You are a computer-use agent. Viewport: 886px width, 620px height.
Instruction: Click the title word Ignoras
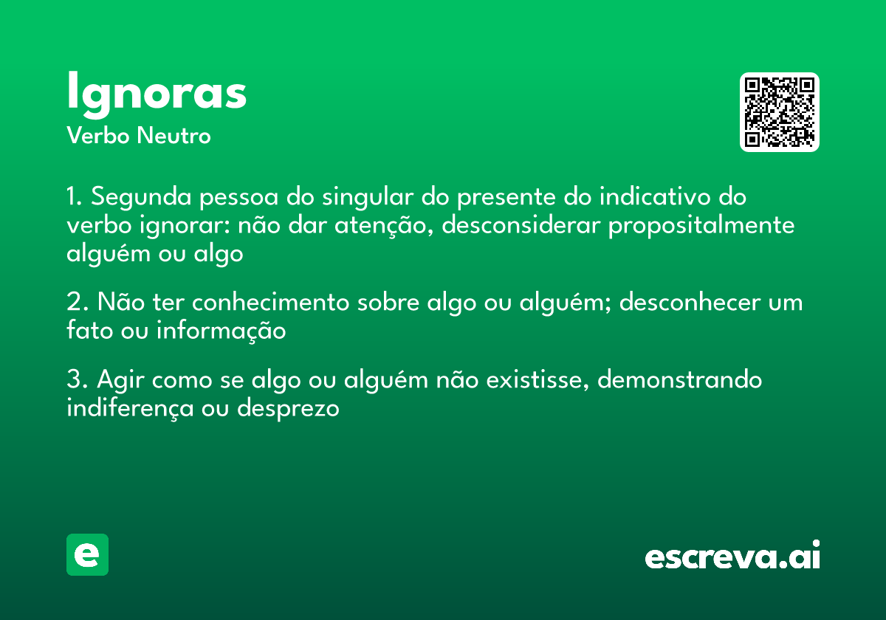point(157,94)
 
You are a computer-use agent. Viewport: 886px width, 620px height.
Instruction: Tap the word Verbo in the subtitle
point(98,136)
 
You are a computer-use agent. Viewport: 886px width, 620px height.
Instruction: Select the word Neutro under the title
point(174,136)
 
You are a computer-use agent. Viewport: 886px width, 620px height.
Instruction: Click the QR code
point(779,112)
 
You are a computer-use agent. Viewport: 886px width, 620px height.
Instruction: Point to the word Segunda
point(141,197)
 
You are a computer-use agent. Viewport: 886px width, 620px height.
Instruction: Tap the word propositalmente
point(701,226)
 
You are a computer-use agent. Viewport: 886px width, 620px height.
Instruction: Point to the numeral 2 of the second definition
point(75,302)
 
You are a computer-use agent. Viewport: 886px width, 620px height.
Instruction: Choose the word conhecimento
point(271,302)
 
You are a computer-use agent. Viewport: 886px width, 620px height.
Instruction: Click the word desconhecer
point(690,302)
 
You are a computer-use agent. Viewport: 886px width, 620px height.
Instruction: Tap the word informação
point(221,331)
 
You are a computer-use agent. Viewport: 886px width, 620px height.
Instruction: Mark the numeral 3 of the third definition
point(75,379)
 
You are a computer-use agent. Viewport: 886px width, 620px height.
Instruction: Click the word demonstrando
point(679,379)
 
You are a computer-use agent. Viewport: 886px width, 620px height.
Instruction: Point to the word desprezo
point(288,409)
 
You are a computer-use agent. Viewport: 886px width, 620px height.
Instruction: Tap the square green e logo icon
point(87,554)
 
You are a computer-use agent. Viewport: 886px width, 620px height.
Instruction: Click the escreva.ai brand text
point(732,554)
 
